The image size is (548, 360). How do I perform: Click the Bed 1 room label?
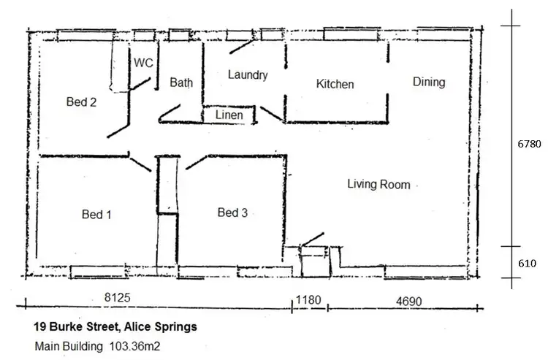pos(96,215)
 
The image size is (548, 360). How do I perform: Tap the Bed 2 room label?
pos(81,102)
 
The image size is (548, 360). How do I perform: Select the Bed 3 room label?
pos(232,212)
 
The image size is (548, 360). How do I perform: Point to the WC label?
pos(143,64)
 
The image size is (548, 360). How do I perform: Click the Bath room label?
pos(181,83)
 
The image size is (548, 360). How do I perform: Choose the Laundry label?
pos(248,74)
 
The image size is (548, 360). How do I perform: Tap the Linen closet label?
pos(229,115)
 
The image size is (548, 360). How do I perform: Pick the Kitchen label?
pos(335,84)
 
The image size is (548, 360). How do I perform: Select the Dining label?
pos(429,82)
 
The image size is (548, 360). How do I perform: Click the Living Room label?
pos(378,185)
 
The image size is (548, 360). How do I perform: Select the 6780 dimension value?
pos(529,144)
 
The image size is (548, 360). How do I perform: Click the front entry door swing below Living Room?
pos(312,239)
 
